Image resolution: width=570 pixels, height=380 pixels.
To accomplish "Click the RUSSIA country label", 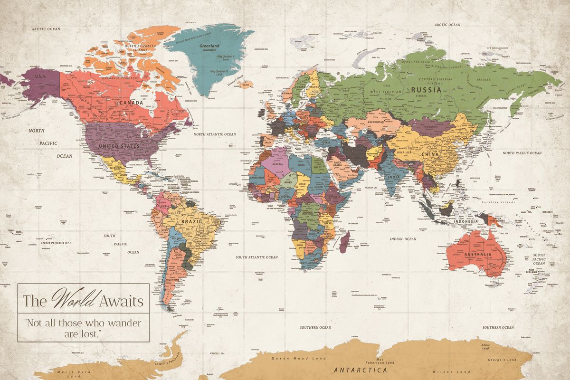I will [427, 89].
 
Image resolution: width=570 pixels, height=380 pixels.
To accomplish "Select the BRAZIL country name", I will [195, 221].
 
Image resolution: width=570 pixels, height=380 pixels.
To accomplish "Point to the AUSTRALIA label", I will [478, 255].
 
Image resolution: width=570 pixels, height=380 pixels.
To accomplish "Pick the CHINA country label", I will [430, 155].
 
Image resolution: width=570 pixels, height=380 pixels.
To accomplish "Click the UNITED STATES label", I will [119, 146].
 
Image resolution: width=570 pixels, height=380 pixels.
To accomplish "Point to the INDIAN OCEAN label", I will [403, 239].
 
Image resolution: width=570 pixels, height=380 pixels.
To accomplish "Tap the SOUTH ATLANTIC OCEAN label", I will [257, 257].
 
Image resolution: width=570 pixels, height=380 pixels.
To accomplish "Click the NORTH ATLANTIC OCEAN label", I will [215, 134].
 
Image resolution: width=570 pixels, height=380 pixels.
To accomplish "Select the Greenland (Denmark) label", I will [209, 47].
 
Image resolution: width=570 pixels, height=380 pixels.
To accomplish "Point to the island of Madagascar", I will [346, 238].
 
